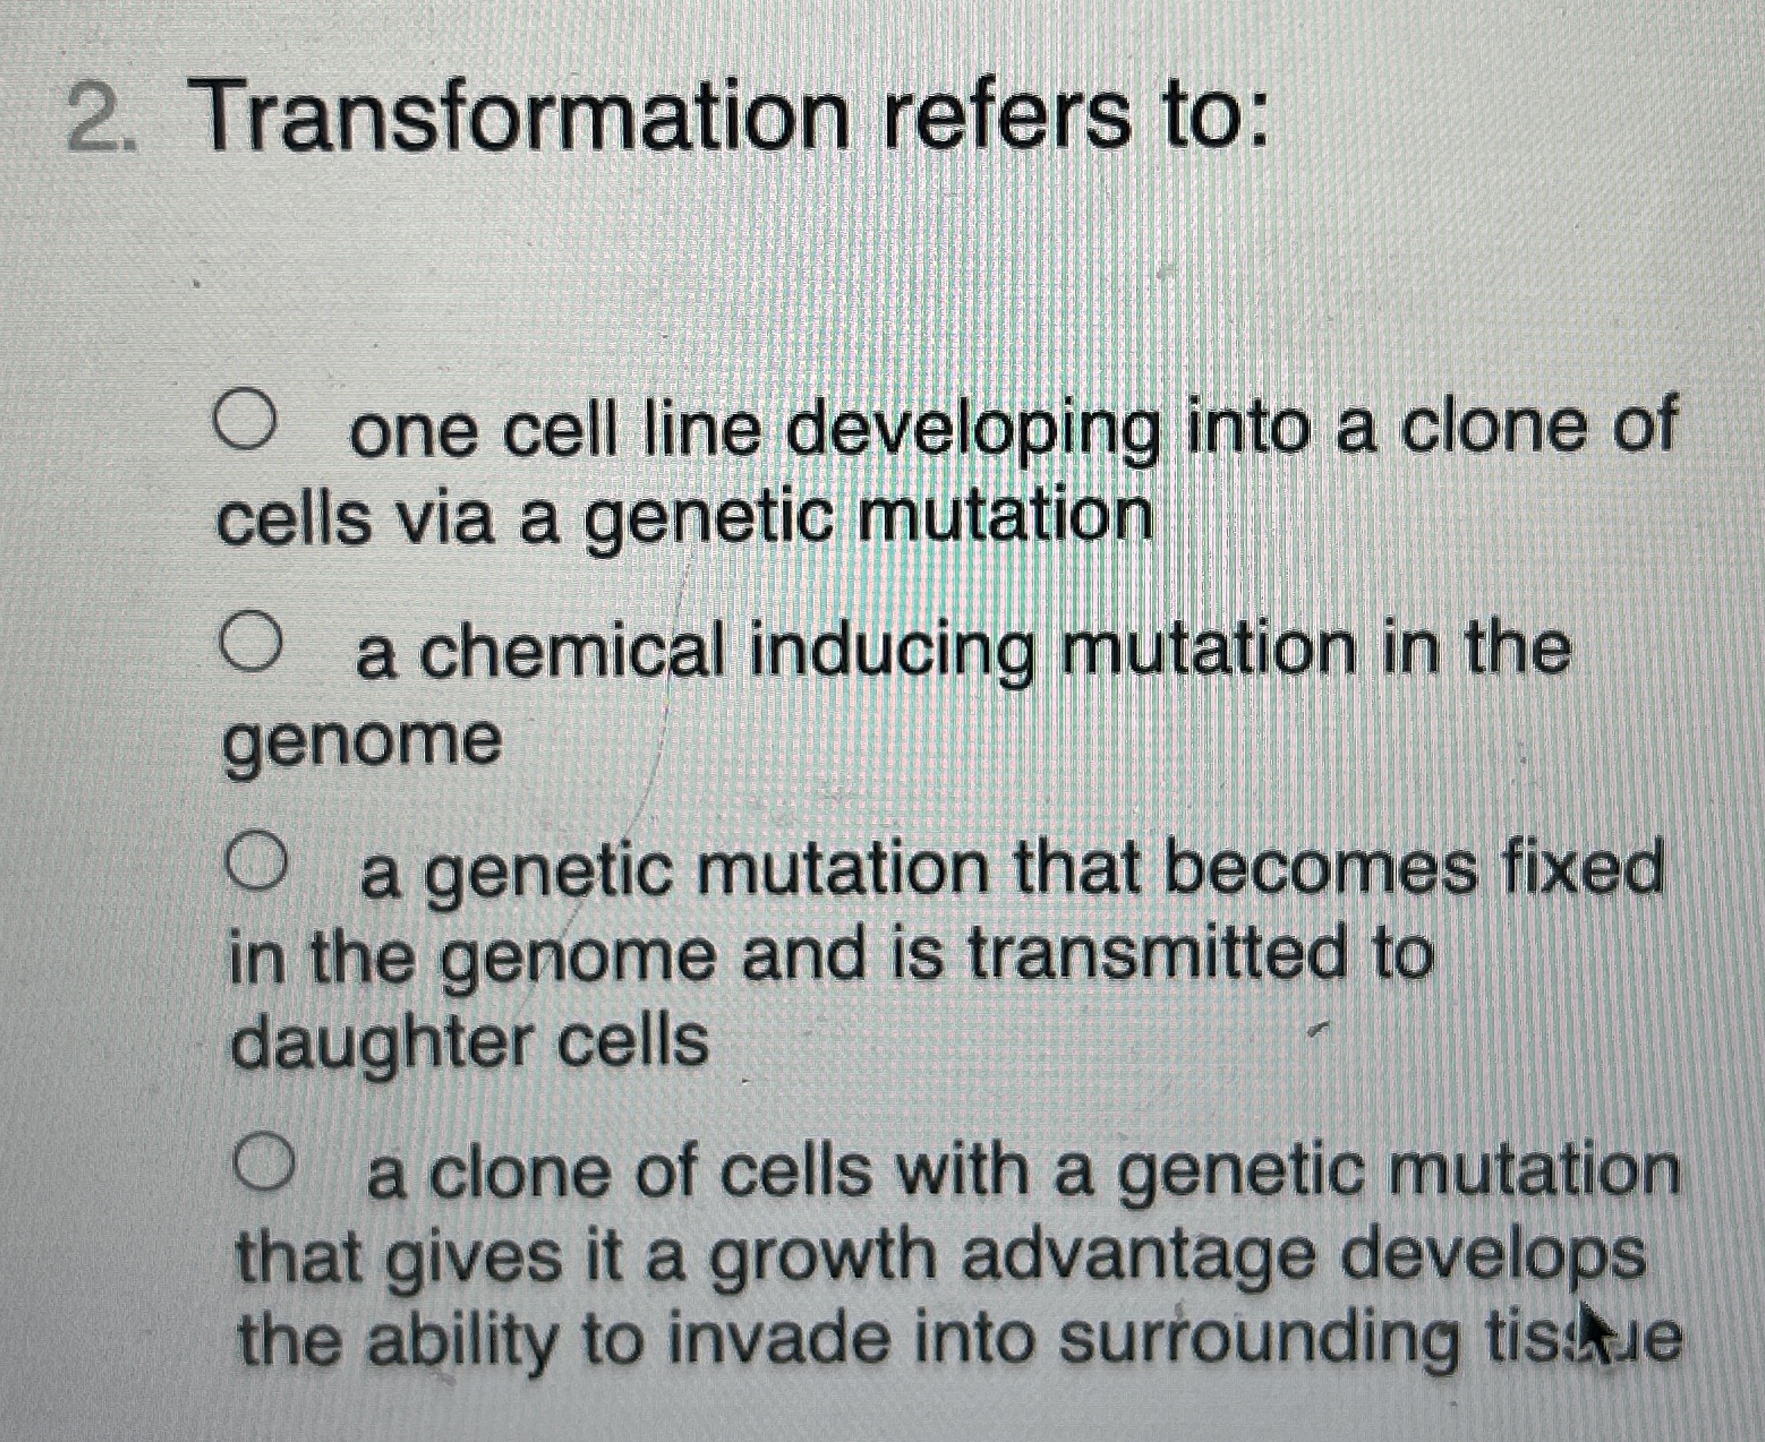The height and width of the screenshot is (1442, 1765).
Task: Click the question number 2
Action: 102,116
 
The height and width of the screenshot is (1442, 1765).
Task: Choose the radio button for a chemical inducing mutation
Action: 250,641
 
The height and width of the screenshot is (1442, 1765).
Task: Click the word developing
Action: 971,432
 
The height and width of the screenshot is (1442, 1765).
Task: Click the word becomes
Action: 1321,872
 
